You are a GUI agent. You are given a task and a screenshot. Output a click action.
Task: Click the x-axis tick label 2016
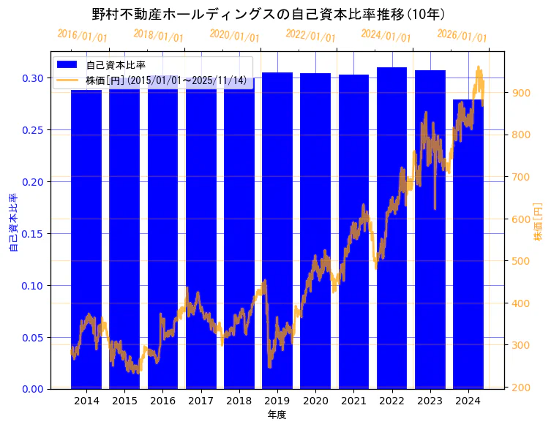(162, 401)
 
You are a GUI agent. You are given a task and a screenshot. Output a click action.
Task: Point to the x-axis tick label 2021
(353, 401)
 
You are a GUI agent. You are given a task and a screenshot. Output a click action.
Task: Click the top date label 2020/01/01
(234, 36)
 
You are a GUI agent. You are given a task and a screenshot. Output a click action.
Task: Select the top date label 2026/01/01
(462, 36)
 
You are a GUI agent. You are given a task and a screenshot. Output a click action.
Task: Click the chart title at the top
(269, 14)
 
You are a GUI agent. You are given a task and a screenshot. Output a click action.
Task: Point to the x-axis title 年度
(277, 415)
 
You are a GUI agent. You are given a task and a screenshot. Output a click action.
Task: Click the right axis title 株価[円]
(539, 223)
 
